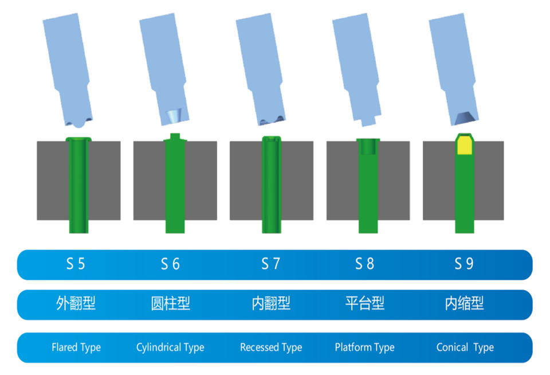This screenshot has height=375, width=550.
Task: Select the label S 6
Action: tap(170, 264)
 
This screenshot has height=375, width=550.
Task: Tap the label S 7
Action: tap(270, 264)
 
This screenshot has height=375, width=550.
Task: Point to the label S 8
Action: tap(364, 264)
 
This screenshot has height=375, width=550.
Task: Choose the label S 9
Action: tap(464, 264)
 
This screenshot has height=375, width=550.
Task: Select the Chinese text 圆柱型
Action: tap(171, 303)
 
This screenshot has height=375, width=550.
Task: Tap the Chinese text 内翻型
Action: tap(271, 303)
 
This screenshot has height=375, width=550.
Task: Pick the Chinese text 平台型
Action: tap(365, 303)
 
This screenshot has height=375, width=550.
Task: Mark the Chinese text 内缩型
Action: tap(465, 303)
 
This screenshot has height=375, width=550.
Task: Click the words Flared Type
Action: tap(76, 347)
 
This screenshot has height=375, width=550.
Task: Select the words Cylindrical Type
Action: tap(170, 347)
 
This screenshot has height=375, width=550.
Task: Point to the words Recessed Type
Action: tap(271, 347)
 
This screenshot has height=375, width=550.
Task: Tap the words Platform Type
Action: tap(364, 347)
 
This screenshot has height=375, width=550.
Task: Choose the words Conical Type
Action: tap(465, 347)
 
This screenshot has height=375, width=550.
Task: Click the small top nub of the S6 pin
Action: tap(175, 136)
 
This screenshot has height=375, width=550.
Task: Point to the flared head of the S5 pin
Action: tap(78, 139)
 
